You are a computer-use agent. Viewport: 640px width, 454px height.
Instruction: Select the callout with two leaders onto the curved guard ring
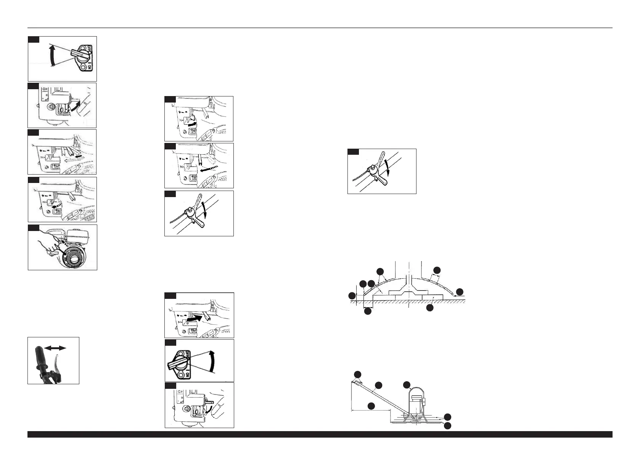tap(380, 271)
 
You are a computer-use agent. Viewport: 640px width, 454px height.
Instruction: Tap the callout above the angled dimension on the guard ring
tap(437, 270)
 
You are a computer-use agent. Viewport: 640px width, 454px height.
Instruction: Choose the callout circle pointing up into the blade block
tap(430, 308)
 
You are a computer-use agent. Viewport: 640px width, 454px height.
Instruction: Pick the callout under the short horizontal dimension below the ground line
tap(368, 311)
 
